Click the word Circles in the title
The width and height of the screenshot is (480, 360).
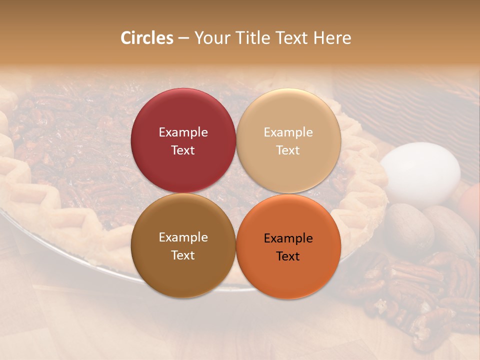[x=147, y=38]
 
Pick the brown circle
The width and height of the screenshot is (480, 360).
[x=183, y=270]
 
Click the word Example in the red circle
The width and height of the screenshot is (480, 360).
[x=183, y=132]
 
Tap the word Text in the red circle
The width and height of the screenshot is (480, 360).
[x=183, y=150]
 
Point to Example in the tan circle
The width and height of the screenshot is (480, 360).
[x=288, y=132]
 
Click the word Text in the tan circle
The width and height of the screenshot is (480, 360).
[x=288, y=150]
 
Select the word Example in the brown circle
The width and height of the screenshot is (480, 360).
[x=183, y=237]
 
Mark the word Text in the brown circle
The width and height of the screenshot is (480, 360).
[x=183, y=255]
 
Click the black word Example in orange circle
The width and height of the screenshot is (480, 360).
[x=288, y=238]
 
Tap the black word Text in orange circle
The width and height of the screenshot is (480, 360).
[x=288, y=256]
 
